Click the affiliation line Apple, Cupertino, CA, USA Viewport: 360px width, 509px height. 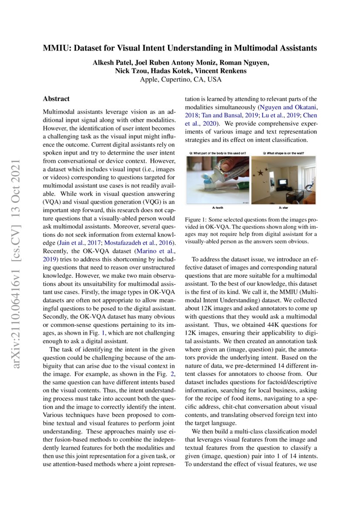(x=180, y=80)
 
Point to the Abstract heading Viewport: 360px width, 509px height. (x=56, y=99)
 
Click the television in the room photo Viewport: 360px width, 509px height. (x=283, y=182)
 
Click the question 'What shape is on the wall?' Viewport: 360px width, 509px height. (x=284, y=153)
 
